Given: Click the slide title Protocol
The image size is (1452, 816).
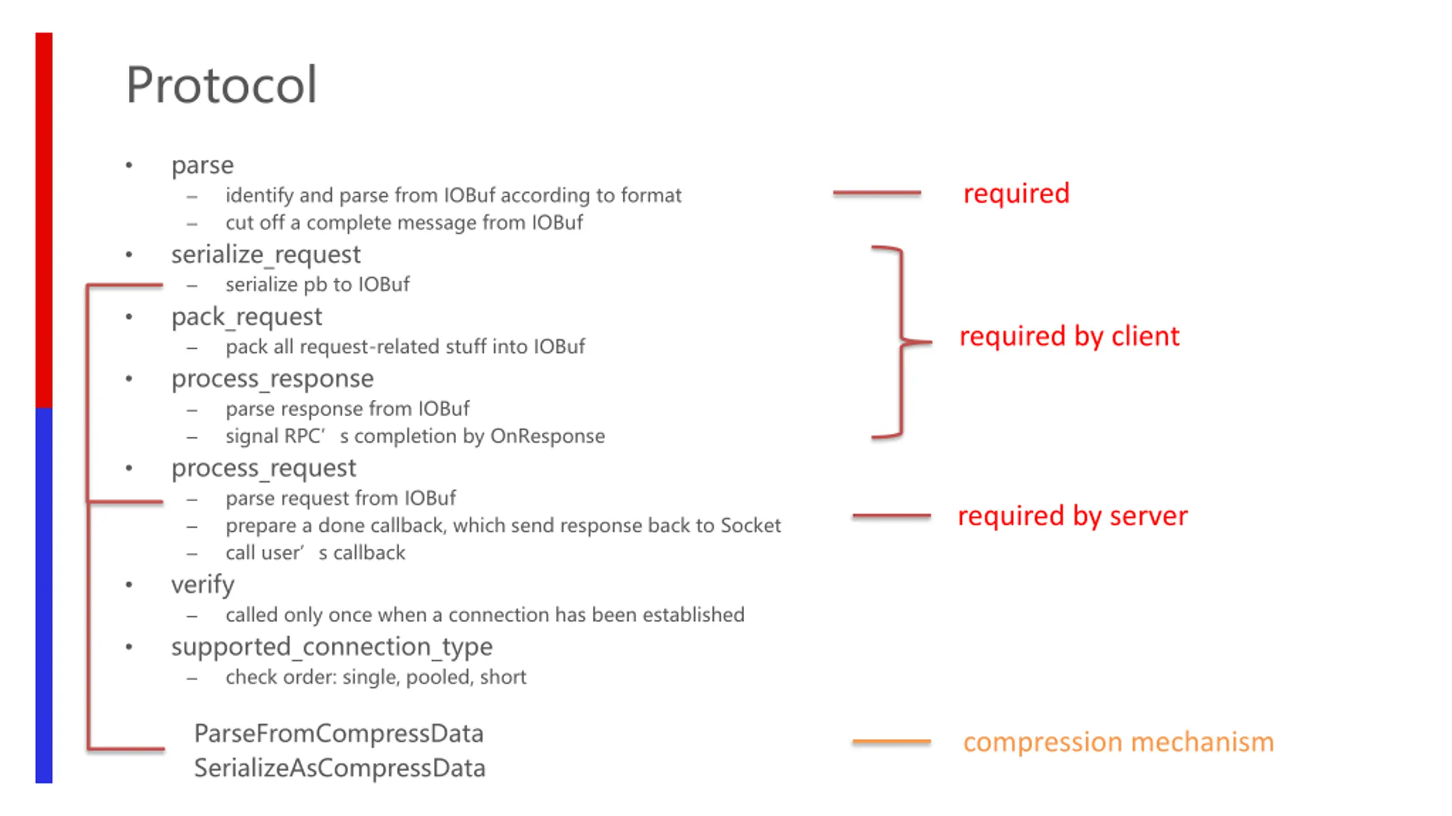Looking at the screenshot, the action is click(221, 85).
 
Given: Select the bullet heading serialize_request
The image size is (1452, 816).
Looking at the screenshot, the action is click(265, 255).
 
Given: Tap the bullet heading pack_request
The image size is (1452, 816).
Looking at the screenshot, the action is click(246, 317).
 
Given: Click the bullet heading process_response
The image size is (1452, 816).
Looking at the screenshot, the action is click(272, 379).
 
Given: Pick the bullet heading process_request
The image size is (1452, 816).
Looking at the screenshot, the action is click(264, 468).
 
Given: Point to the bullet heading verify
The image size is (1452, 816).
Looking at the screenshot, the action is click(202, 585).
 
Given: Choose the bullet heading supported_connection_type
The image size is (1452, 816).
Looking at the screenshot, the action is click(332, 647).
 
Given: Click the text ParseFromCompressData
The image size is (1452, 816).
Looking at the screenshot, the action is click(339, 734).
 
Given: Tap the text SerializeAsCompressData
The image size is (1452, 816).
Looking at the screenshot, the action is click(340, 768).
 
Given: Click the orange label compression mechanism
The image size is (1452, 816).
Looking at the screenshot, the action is click(1118, 742).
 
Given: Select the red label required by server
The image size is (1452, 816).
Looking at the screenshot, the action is click(1073, 516).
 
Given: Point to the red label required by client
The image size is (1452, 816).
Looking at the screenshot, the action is click(1069, 336).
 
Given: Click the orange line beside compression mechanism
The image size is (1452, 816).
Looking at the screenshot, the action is click(891, 741).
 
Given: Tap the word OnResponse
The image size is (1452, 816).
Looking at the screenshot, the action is click(547, 436).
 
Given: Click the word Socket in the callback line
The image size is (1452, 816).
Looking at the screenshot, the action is click(750, 526).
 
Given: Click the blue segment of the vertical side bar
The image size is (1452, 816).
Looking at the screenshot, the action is click(44, 595).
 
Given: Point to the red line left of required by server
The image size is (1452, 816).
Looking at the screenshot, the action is click(891, 516).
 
